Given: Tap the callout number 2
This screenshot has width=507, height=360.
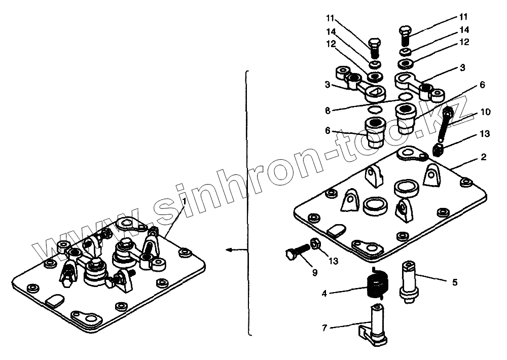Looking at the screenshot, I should (483, 158).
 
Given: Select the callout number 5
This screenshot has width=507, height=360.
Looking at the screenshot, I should (454, 282).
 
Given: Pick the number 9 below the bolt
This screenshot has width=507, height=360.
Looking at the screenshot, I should (314, 272).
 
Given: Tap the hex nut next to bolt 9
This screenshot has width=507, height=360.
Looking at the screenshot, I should (314, 244).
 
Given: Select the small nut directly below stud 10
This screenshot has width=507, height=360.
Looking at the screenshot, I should (440, 149).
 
